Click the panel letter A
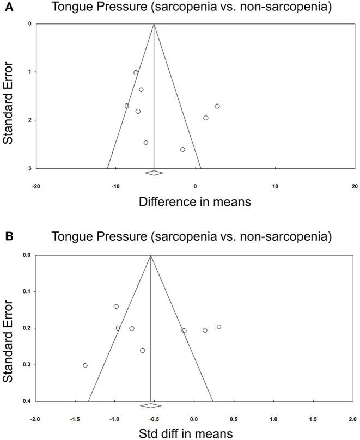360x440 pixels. pyautogui.click(x=5, y=7)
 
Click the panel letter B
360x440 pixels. pyautogui.click(x=5, y=237)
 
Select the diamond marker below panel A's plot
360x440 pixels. pyautogui.click(x=154, y=173)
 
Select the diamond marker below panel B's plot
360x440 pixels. pyautogui.click(x=150, y=406)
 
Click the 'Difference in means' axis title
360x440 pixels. pyautogui.click(x=195, y=202)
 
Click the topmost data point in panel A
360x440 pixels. pyautogui.click(x=136, y=72)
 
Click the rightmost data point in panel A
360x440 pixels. pyautogui.click(x=217, y=106)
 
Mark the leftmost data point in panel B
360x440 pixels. pyautogui.click(x=85, y=365)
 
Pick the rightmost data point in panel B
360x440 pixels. pyautogui.click(x=219, y=327)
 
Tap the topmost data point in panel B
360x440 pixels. pyautogui.click(x=116, y=307)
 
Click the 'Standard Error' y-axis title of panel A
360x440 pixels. pyautogui.click(x=9, y=96)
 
